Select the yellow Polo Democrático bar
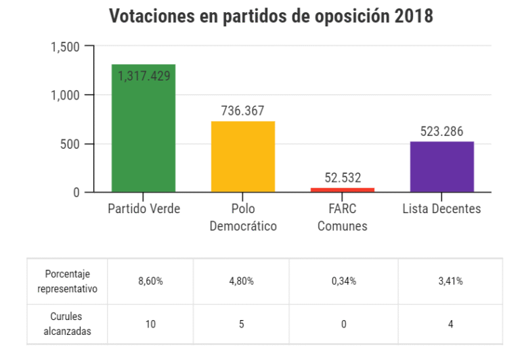tap(243, 156)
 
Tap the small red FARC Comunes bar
tap(343, 189)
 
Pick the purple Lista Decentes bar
tap(442, 166)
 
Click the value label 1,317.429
tap(144, 76)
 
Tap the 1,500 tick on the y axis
tap(66, 47)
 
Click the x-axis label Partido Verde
tap(144, 209)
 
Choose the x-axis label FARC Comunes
tap(343, 217)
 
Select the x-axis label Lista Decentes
tap(442, 209)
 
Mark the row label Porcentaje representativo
tap(67, 282)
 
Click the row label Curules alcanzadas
tap(67, 324)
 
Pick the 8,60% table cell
tap(150, 282)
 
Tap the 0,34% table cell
tap(344, 282)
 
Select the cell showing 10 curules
tap(150, 324)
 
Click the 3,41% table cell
tap(450, 282)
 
